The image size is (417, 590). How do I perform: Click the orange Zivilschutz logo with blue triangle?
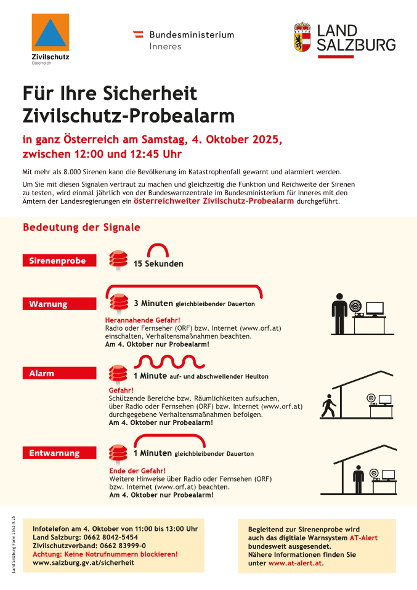(x=51, y=33)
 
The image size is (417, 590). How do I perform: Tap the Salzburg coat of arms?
(x=302, y=38)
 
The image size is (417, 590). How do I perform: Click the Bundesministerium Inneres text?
(x=191, y=40)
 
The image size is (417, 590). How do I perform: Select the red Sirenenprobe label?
(x=59, y=261)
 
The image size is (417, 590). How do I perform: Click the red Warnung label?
(x=59, y=304)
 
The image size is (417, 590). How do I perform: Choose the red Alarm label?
(x=59, y=373)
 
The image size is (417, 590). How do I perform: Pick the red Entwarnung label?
(x=59, y=453)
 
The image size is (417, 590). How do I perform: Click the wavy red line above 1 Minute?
(x=165, y=361)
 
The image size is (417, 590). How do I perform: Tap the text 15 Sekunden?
(x=158, y=264)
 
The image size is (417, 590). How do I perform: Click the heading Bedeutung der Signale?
(x=81, y=227)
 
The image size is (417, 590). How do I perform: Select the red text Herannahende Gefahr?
(x=142, y=320)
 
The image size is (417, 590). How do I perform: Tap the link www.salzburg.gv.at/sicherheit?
(x=83, y=562)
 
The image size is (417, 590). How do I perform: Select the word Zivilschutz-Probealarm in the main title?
(x=129, y=115)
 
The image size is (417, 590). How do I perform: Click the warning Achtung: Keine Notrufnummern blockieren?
(x=105, y=554)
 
